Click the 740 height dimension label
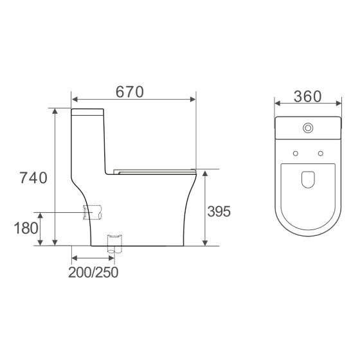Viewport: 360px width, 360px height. [x=33, y=178]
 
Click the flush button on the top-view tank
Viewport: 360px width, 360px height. [x=309, y=128]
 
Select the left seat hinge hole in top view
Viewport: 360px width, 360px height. [x=295, y=153]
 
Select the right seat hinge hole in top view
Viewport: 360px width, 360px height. [x=319, y=153]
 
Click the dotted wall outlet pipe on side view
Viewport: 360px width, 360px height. [x=93, y=212]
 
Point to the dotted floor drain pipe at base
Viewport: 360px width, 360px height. [x=113, y=244]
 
